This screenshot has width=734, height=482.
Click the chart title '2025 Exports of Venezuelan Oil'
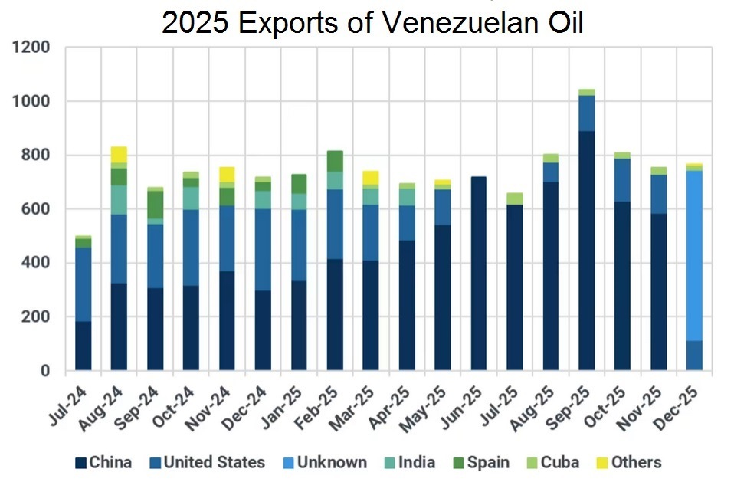coord(372,23)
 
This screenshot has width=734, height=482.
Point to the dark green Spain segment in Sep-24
coord(155,205)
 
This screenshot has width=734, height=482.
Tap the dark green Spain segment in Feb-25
coord(335,161)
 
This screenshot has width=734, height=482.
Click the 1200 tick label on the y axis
coord(31,48)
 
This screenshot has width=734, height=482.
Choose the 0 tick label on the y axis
coord(45,371)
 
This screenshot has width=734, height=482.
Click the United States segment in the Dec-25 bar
coord(695,356)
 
